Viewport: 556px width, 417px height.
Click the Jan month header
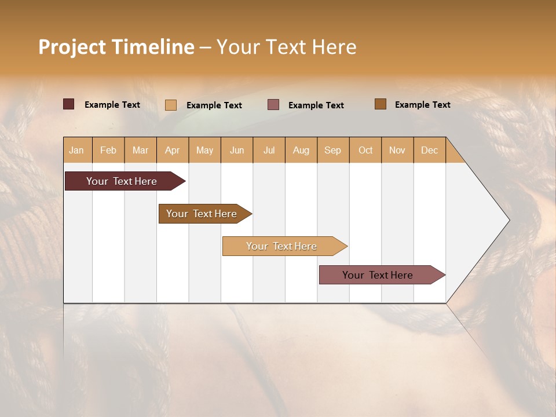coord(76,150)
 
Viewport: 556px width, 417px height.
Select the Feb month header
coord(108,150)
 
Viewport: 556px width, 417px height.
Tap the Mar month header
coord(140,150)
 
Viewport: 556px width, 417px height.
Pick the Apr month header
coord(173,150)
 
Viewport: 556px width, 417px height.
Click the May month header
coord(204,150)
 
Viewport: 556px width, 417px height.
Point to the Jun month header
coord(237,150)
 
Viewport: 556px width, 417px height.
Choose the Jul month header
coord(269,150)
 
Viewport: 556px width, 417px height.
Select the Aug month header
coord(301,150)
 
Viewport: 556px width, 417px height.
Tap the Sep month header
coord(333,150)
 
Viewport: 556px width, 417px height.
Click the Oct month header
coord(365,150)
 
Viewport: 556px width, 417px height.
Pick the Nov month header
coord(397,150)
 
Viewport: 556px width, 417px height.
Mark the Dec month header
coord(429,150)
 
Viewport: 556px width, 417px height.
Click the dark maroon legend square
coord(69,104)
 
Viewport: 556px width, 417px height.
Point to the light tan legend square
coord(171,105)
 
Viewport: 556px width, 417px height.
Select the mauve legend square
coord(273,104)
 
